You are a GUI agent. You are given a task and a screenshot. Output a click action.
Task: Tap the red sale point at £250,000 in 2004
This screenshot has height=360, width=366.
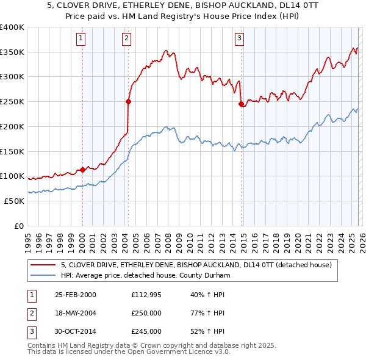(x=128, y=101)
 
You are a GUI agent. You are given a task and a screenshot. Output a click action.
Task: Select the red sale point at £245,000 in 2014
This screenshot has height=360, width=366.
(x=241, y=104)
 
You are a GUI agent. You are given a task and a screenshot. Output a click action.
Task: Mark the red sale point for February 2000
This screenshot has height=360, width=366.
(x=82, y=170)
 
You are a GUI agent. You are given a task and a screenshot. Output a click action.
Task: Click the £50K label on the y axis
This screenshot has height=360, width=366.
(x=14, y=201)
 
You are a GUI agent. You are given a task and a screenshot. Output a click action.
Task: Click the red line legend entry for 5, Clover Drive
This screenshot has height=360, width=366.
(x=195, y=265)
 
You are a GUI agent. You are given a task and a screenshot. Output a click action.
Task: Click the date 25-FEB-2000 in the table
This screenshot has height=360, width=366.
(x=75, y=295)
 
